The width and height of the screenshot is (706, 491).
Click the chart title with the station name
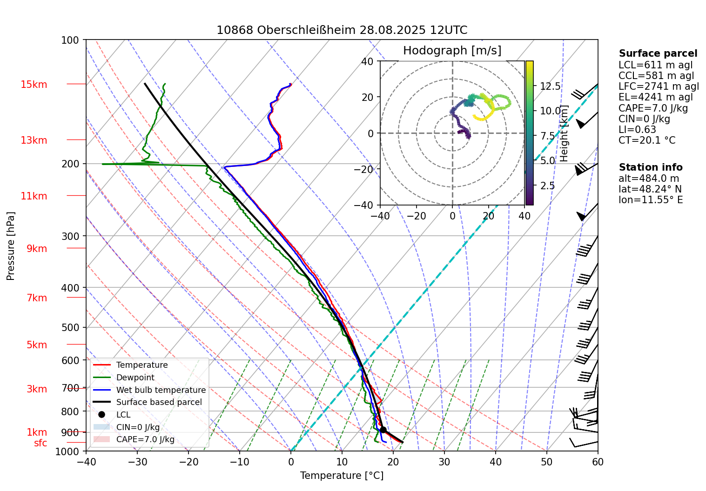click(x=342, y=30)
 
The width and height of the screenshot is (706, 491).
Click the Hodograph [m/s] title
click(x=452, y=50)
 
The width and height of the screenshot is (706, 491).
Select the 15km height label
click(x=34, y=85)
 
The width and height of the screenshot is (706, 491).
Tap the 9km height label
click(x=37, y=249)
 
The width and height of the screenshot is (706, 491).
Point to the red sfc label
click(x=40, y=443)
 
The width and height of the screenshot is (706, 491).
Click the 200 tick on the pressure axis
click(x=70, y=164)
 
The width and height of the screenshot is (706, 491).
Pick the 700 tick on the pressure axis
click(x=70, y=388)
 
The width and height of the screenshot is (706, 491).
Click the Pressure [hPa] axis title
click(x=11, y=246)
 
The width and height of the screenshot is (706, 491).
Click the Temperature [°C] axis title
click(x=342, y=476)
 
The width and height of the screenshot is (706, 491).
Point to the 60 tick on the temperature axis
click(x=598, y=462)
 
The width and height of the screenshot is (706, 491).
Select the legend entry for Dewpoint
click(x=135, y=378)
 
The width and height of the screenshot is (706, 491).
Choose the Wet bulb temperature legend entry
click(x=161, y=390)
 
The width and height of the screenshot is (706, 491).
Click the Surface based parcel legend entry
click(x=159, y=402)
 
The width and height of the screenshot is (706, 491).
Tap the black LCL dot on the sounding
click(x=383, y=430)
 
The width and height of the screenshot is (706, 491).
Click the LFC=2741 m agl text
click(x=659, y=86)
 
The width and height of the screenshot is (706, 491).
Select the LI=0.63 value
click(x=637, y=130)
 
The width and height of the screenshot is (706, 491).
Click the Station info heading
click(x=650, y=167)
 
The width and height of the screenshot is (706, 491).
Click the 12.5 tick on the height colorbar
click(x=550, y=86)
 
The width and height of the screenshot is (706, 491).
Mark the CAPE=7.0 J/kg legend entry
click(x=145, y=439)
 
